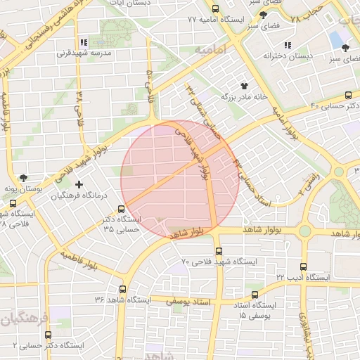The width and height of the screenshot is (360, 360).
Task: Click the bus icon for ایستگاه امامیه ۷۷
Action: click(x=215, y=9)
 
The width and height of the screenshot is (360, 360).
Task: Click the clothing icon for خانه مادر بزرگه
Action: click(x=244, y=85)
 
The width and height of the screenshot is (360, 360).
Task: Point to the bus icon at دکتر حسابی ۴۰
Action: click(x=347, y=95)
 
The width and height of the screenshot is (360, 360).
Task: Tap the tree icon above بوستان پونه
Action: click(x=25, y=179)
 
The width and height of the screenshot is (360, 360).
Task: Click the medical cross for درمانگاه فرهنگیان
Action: click(x=89, y=184)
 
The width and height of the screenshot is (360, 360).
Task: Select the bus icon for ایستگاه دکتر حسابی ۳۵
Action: click(x=122, y=209)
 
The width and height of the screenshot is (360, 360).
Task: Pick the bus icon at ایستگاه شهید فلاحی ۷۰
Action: click(x=218, y=251)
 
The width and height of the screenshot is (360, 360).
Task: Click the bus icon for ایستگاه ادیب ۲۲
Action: click(x=303, y=266)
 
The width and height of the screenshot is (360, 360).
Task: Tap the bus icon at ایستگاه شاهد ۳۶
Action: click(x=123, y=289)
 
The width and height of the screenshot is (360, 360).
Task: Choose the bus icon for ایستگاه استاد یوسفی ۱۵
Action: click(x=255, y=295)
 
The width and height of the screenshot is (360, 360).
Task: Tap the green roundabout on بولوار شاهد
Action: click(x=304, y=231)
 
